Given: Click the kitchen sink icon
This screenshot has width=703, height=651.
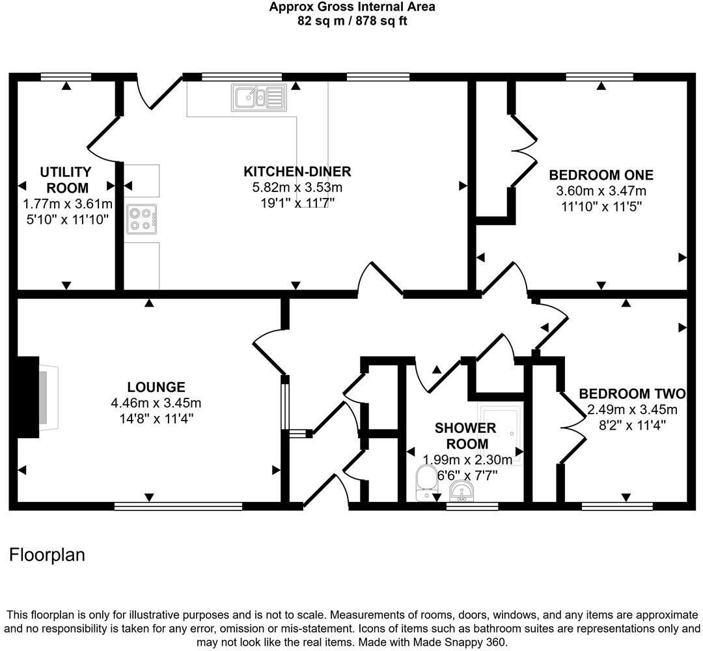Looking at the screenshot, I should [258, 98].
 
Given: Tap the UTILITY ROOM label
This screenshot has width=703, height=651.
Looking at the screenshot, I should [66, 179].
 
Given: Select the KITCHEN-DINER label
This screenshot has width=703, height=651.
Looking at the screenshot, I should [297, 172].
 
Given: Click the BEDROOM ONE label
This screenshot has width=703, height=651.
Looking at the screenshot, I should [601, 175].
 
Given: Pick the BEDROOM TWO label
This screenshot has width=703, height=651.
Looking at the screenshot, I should [632, 394].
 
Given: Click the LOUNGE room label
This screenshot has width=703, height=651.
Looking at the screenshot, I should [156, 387].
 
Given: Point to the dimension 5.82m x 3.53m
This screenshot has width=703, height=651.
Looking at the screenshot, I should [297, 187].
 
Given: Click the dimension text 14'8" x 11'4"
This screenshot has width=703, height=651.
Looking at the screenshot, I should [156, 418].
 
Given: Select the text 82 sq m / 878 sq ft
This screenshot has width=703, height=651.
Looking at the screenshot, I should [352, 20].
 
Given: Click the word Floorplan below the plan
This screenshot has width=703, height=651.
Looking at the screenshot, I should [47, 555].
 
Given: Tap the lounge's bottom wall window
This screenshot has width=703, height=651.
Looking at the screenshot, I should [178, 506].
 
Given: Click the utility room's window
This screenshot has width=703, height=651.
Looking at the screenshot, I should [66, 77].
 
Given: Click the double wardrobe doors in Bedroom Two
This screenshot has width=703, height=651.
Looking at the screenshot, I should [570, 427].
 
